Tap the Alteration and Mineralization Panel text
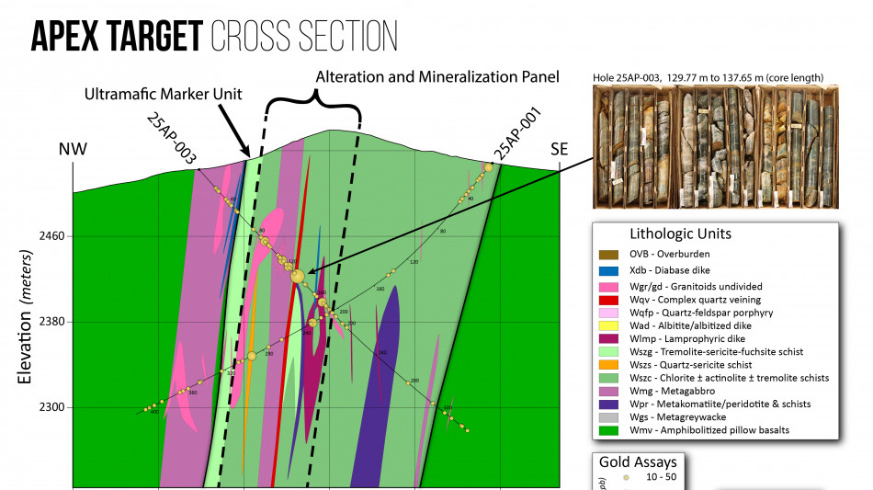[x=437, y=77]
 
